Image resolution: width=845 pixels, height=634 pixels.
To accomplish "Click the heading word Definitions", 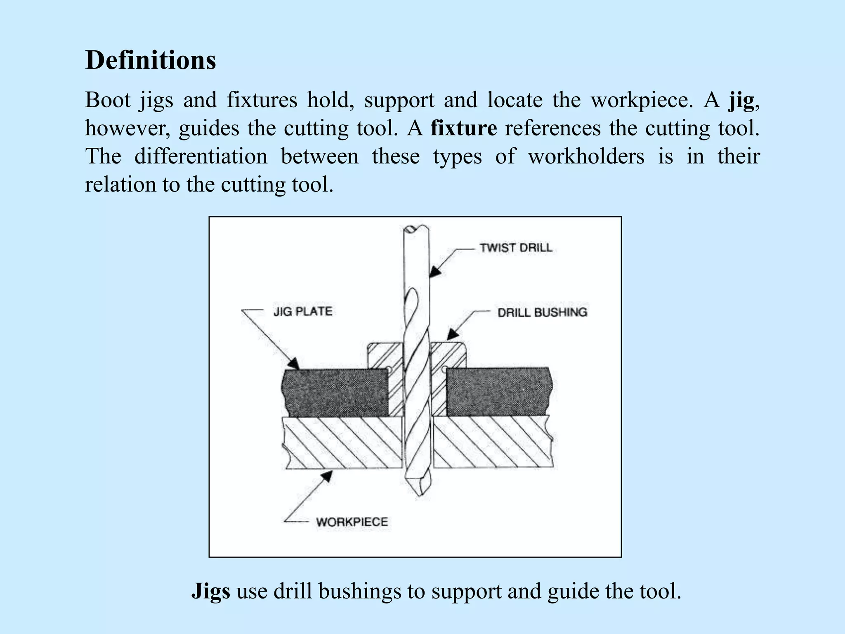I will pos(150,60).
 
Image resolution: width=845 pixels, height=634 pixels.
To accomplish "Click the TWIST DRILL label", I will pos(516,248).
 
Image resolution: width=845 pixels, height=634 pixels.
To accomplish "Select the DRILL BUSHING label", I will pos(542,312).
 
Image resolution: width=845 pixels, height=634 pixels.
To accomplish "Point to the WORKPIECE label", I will pos(352,522).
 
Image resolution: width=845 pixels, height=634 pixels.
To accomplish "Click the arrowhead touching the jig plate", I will pos(293,364).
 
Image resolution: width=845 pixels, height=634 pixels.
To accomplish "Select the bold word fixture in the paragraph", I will pos(463,128).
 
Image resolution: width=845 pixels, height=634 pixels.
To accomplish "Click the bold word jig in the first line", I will pos(741,100).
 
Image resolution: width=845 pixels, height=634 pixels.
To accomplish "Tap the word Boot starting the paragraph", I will pos(108,100).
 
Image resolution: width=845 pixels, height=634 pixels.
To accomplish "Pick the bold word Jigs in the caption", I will pos(210,591).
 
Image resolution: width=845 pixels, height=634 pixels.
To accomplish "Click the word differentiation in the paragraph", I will pos(201,156).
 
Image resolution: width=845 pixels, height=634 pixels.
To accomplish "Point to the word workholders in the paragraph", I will pos(586,156).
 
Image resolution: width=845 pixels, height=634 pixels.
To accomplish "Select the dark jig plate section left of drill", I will pos(336,392).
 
